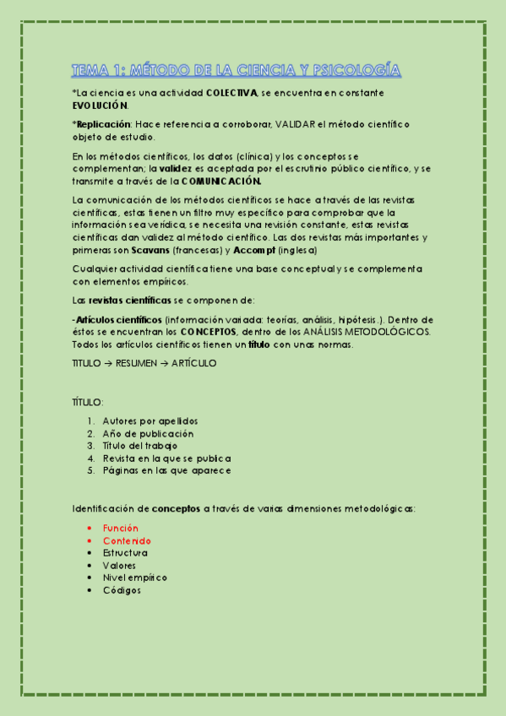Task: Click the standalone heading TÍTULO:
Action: click(88, 403)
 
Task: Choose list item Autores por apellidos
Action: click(150, 420)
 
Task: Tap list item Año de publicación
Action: click(148, 433)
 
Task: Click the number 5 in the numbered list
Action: click(90, 470)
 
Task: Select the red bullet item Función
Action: click(121, 528)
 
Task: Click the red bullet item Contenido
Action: click(127, 540)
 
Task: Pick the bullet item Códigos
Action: click(122, 590)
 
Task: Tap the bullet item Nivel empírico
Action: click(134, 578)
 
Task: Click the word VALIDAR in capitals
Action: click(295, 124)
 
